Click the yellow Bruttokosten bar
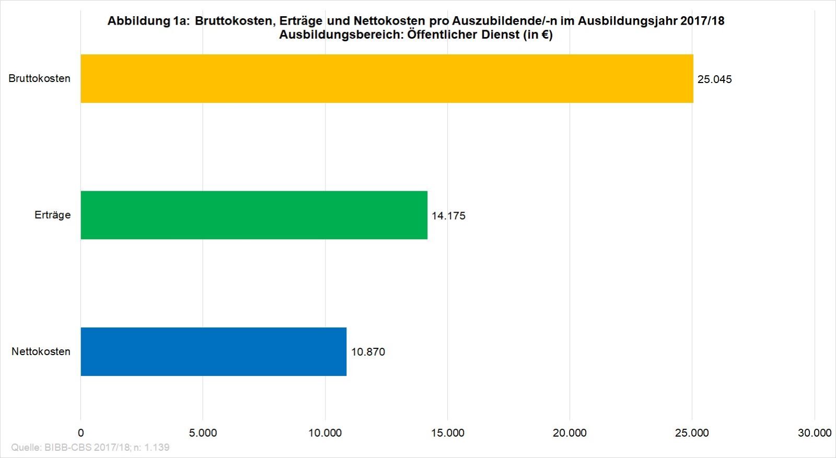[387, 78]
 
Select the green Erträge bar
[254, 215]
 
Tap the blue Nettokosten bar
[213, 351]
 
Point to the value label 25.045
[714, 79]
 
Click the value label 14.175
[448, 216]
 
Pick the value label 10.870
[368, 352]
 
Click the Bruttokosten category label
[40, 79]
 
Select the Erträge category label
[52, 215]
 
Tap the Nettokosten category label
[41, 351]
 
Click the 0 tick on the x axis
[80, 433]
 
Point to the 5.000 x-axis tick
[203, 433]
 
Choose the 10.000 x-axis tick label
[325, 433]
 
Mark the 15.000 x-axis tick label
[447, 433]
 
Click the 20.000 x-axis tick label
[570, 433]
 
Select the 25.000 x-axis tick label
[692, 433]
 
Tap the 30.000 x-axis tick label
[814, 433]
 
